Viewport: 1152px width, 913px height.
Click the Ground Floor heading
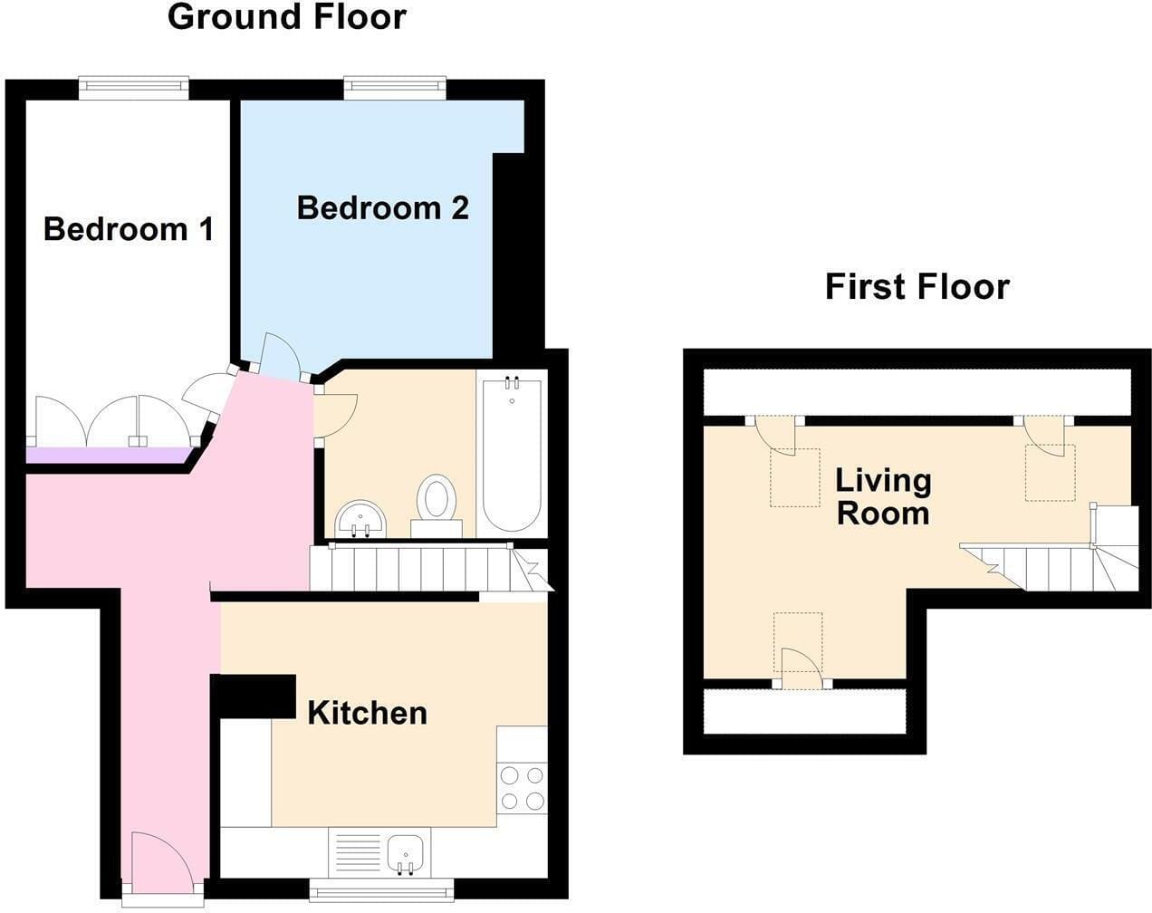tap(287, 17)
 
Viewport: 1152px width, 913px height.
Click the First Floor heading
tap(917, 286)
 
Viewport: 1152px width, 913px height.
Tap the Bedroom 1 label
tap(129, 229)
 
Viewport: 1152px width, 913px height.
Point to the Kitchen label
tap(367, 714)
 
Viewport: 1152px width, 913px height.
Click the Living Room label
tap(883, 497)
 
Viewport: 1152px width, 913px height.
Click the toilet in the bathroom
tap(437, 505)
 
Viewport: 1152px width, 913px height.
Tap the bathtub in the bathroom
tap(512, 455)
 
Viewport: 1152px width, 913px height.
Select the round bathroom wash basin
tap(360, 519)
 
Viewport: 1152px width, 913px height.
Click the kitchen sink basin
tap(405, 853)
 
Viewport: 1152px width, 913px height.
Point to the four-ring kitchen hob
tap(522, 788)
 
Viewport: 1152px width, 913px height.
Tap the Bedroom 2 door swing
tap(281, 354)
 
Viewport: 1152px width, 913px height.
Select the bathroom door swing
tap(337, 416)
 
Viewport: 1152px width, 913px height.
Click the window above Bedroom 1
tap(134, 89)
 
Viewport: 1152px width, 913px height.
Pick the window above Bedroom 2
tap(395, 89)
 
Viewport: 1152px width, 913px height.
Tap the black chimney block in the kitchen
tap(254, 697)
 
